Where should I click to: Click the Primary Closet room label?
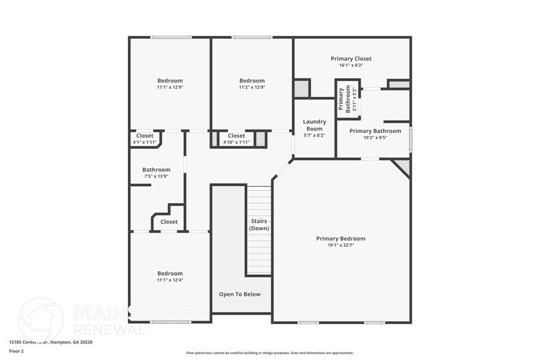pyautogui.click(x=351, y=59)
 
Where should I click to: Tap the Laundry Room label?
pyautogui.click(x=315, y=125)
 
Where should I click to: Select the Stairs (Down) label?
pyautogui.click(x=259, y=224)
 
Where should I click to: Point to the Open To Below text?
pyautogui.click(x=240, y=294)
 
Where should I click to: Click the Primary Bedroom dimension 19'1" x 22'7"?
pyautogui.click(x=340, y=245)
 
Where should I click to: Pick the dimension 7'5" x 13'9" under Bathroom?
pyautogui.click(x=156, y=176)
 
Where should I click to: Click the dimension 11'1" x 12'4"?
pyautogui.click(x=170, y=280)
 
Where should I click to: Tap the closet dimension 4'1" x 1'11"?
pyautogui.click(x=145, y=142)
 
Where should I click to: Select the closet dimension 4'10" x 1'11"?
pyautogui.click(x=236, y=142)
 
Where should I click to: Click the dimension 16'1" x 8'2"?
pyautogui.click(x=351, y=65)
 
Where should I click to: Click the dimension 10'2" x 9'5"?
pyautogui.click(x=375, y=137)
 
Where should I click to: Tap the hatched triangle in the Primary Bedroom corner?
pyautogui.click(x=403, y=166)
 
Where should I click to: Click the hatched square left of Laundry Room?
pyautogui.click(x=302, y=88)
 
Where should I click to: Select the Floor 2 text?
pyautogui.click(x=17, y=351)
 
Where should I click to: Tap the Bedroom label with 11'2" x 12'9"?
pyautogui.click(x=252, y=81)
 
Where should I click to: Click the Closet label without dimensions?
pyautogui.click(x=169, y=222)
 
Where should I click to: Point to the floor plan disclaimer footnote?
pyautogui.click(x=269, y=353)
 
